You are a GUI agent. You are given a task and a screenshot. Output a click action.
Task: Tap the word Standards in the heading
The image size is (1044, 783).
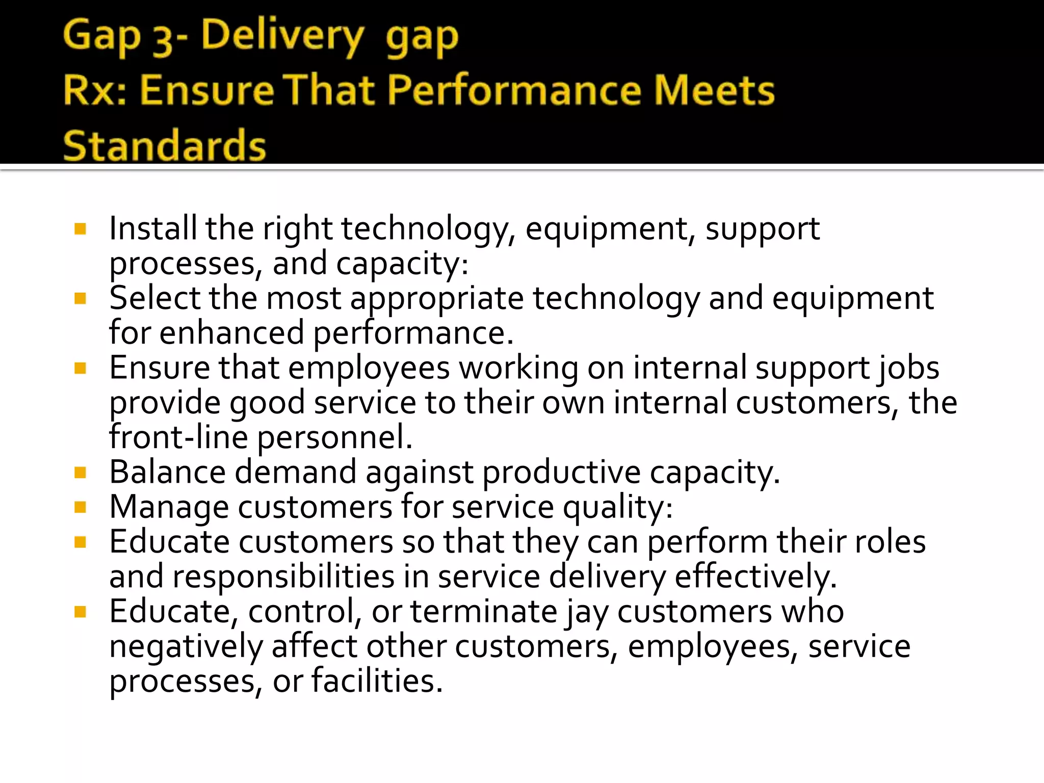click(164, 145)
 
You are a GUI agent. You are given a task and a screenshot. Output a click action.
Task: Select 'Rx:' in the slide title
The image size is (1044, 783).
click(94, 90)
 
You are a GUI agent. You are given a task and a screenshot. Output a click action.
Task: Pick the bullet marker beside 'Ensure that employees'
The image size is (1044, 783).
click(80, 368)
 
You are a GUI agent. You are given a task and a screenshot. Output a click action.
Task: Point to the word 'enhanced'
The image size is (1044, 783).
click(231, 333)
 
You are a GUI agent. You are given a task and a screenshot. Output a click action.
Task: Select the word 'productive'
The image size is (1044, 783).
click(561, 473)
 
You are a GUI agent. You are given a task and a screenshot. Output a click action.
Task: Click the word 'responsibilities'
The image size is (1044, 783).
click(283, 577)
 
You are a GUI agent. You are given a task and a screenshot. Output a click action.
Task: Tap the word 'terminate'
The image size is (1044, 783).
click(484, 611)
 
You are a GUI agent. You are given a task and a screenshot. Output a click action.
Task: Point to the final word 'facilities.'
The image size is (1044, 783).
click(377, 681)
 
